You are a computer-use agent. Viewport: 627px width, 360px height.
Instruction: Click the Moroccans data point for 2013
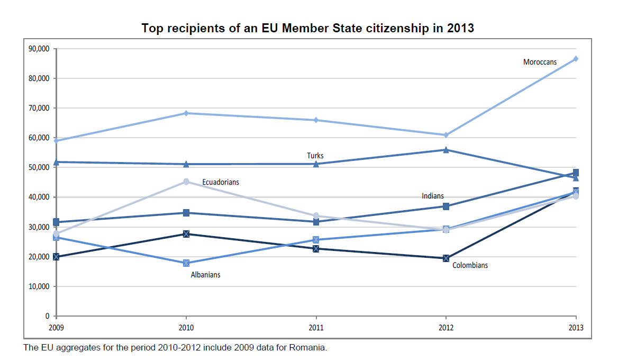coord(576,59)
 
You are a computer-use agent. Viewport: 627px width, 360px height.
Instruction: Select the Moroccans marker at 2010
coord(186,113)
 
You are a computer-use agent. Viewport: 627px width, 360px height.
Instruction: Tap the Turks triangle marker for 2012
coord(446,150)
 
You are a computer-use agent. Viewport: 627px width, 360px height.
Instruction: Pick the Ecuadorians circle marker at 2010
coord(186,182)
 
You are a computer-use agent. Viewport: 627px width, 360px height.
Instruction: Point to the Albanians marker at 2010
coord(186,263)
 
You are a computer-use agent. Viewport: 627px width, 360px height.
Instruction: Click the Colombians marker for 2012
coord(446,258)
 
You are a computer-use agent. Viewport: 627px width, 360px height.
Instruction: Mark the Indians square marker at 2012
coord(446,206)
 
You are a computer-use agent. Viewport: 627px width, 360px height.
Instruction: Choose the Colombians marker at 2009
coord(56,257)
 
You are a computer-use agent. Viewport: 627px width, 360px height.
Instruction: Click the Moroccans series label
coord(540,62)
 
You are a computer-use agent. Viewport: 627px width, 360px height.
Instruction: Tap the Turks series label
coord(315,156)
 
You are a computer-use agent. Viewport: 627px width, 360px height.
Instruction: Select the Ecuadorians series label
coord(221,182)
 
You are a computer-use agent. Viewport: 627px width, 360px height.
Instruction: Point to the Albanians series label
coord(205,275)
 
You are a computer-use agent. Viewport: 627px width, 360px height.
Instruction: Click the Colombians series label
coord(470,265)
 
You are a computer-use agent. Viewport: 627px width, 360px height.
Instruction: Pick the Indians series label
coord(433,196)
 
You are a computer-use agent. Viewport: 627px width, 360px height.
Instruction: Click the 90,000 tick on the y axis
coord(39,49)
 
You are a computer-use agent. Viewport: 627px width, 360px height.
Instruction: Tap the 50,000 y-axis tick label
coord(39,167)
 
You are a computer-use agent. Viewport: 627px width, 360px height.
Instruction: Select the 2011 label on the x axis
coord(316,328)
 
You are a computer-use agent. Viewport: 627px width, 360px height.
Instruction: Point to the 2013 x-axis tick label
coord(576,328)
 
